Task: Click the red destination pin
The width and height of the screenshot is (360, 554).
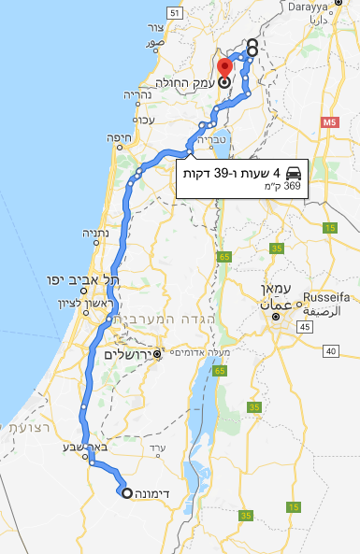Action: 224,68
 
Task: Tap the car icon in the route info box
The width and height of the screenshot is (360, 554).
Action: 294,173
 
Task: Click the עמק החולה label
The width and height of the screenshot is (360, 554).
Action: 193,82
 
